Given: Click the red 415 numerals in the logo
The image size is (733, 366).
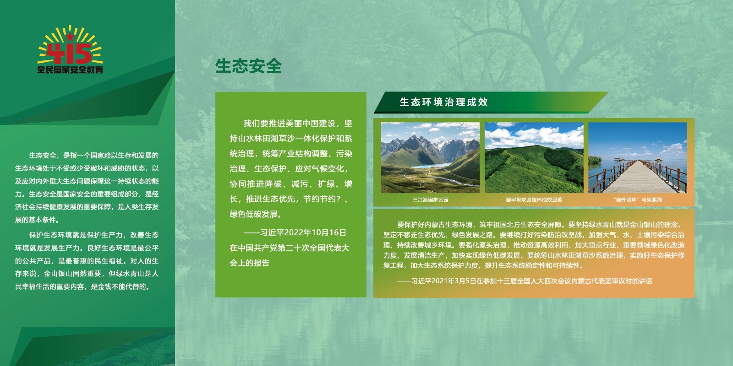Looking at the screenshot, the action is (x=70, y=54).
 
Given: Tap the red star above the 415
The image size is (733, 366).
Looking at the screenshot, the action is (x=70, y=36).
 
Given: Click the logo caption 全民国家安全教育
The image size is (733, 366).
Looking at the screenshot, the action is (x=70, y=70).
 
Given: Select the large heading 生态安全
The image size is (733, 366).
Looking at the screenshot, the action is (x=248, y=66).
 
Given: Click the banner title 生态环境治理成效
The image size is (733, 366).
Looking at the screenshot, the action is (x=444, y=102).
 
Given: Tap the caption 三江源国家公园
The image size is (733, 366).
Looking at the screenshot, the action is (x=430, y=199).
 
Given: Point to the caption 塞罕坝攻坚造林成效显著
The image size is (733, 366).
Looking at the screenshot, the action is (x=534, y=199).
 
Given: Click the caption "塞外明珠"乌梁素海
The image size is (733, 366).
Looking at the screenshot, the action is (x=638, y=199).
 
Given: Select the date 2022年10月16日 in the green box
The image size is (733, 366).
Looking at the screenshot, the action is (x=315, y=233).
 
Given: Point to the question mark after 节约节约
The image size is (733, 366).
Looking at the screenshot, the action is (x=339, y=199).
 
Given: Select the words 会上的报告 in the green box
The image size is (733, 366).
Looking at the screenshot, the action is (x=249, y=263).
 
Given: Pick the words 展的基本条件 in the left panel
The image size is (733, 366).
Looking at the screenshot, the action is (x=35, y=220).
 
